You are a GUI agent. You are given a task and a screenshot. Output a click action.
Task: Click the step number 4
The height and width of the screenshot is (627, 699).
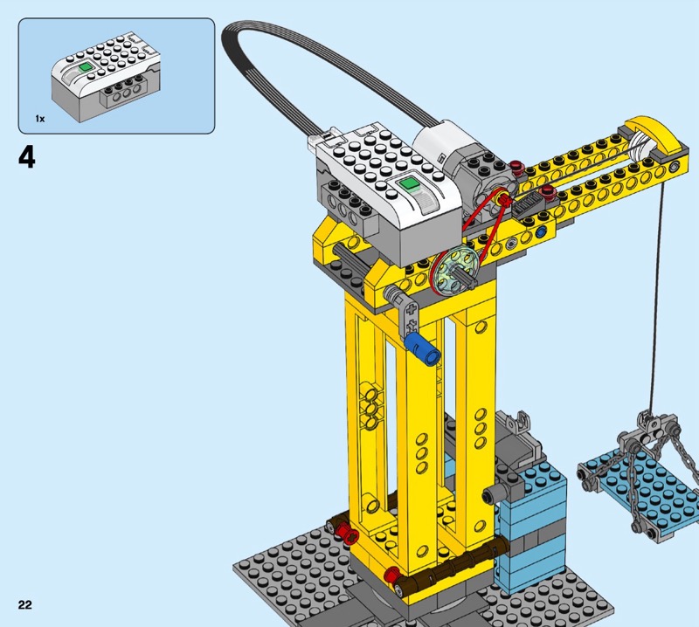pos(27,157)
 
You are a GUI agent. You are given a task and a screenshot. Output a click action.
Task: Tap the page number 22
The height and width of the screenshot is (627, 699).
pos(25,604)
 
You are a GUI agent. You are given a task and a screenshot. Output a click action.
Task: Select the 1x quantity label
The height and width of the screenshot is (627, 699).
pos(40,119)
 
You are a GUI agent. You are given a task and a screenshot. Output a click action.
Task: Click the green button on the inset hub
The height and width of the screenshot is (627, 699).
pos(85,67)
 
